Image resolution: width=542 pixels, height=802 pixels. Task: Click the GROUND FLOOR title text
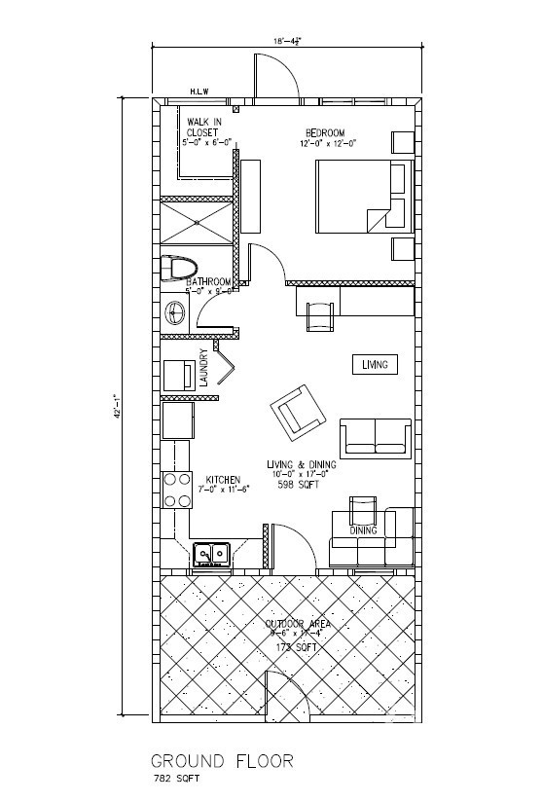tap(221, 761)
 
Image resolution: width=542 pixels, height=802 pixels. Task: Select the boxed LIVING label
tap(375, 364)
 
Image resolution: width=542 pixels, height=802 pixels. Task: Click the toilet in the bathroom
tap(179, 267)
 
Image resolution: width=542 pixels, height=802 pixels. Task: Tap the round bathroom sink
tap(177, 313)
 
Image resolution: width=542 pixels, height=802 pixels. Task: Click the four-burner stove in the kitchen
tap(176, 490)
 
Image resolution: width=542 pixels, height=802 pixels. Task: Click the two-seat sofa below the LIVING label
tap(375, 435)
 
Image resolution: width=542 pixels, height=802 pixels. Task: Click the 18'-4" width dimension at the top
tap(287, 41)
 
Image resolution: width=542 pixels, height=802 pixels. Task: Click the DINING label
tap(363, 530)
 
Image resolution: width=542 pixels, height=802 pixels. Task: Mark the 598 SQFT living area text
tap(298, 484)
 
